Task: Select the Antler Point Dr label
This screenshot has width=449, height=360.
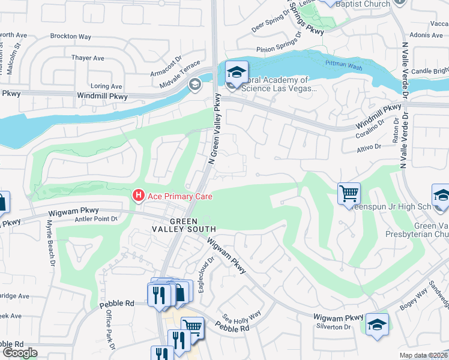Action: pyautogui.click(x=95, y=218)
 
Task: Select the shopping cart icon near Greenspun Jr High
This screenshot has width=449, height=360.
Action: pyautogui.click(x=349, y=194)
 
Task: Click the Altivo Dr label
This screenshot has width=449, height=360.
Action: pyautogui.click(x=369, y=146)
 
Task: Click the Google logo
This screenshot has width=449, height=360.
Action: pyautogui.click(x=19, y=353)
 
